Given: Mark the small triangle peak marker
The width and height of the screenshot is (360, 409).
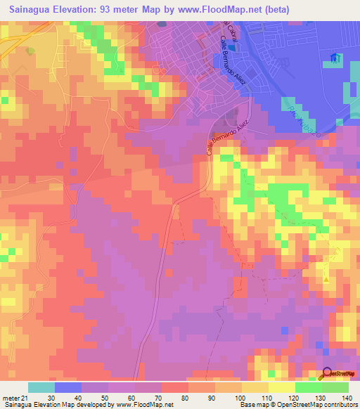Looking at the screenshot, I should click(x=326, y=280).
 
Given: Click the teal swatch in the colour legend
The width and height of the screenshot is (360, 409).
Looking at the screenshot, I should click(x=41, y=387).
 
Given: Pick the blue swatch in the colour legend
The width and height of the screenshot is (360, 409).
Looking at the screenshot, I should click(x=68, y=387).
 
